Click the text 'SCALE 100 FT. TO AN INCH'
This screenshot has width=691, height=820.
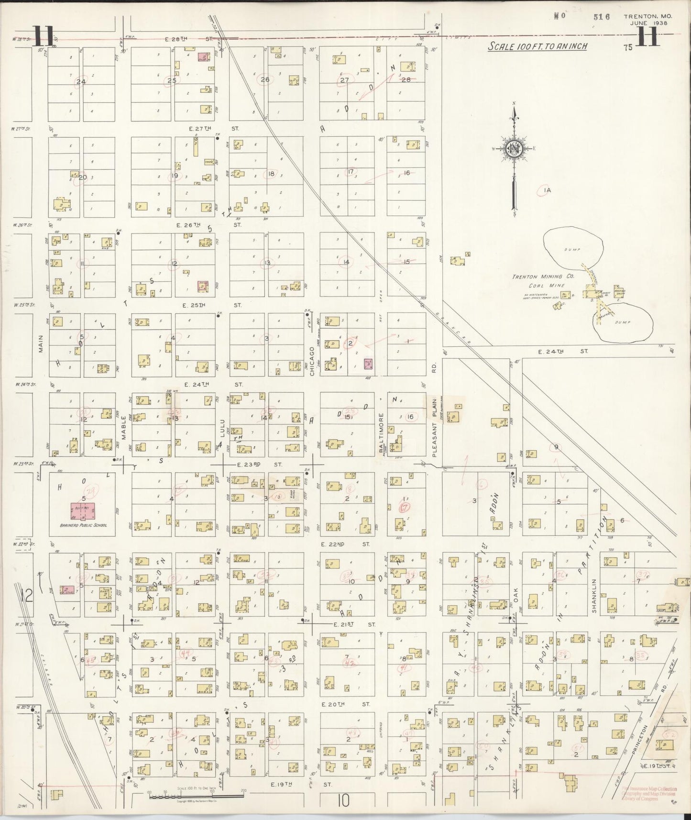coord(537,46)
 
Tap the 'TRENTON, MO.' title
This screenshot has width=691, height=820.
coord(647,16)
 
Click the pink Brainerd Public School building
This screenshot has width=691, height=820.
coord(83,511)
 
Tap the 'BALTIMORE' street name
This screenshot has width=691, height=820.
coord(381,429)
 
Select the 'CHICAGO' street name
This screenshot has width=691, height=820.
coord(312,361)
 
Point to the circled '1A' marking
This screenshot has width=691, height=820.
coord(547,190)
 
